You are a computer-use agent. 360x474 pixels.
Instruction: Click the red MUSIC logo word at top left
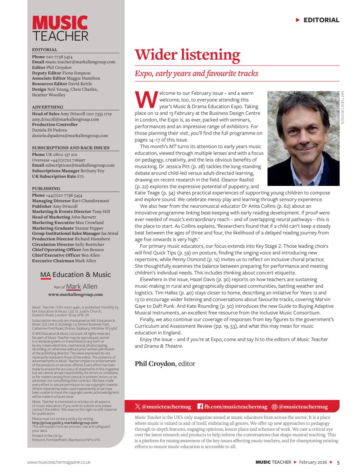click(x=60, y=23)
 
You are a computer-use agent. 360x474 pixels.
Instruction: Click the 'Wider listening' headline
click(x=187, y=54)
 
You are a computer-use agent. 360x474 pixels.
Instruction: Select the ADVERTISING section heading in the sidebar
click(x=44, y=107)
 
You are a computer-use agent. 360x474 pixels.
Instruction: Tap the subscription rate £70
click(x=80, y=176)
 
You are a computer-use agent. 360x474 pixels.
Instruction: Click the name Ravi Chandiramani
click(x=91, y=201)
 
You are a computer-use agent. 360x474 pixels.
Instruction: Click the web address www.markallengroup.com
click(x=75, y=294)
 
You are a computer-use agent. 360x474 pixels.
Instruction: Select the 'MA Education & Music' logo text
click(x=75, y=275)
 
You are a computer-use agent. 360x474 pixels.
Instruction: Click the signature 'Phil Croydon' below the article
click(x=155, y=363)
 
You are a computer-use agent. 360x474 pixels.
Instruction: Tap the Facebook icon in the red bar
click(x=200, y=407)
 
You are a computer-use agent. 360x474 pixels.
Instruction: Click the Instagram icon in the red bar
click(x=274, y=407)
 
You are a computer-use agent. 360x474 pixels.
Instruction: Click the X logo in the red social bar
click(x=138, y=407)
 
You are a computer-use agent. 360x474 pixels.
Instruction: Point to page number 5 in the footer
click(x=338, y=462)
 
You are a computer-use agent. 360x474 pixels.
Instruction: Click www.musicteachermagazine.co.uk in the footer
click(x=59, y=462)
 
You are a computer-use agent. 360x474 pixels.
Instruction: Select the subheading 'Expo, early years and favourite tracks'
click(x=196, y=73)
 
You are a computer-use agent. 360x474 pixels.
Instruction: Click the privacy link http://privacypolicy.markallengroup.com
click(x=65, y=423)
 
